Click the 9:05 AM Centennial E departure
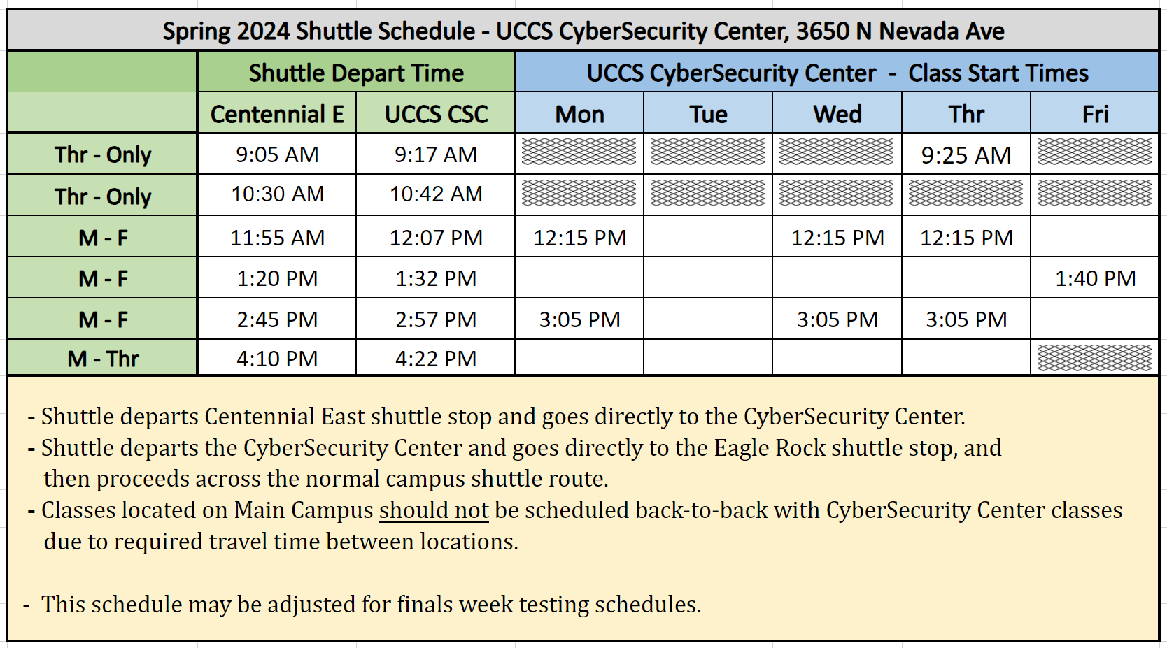coord(277,154)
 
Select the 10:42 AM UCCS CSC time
coord(436,194)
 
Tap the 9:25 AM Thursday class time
coord(966,155)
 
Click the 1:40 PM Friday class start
coord(1095,279)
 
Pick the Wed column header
coord(837,114)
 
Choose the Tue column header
coord(708,114)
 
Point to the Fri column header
coord(1095,114)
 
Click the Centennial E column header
coord(277,114)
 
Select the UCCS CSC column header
coord(436,114)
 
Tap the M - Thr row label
coord(103,359)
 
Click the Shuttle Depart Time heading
coord(356,73)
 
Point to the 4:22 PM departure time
coord(436,359)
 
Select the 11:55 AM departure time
coord(277,238)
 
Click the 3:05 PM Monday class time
coord(579,320)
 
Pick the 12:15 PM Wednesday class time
coord(837,238)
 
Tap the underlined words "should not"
coord(434,510)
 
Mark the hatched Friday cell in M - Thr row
coord(1094,358)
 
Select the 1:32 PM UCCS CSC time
coord(436,279)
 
